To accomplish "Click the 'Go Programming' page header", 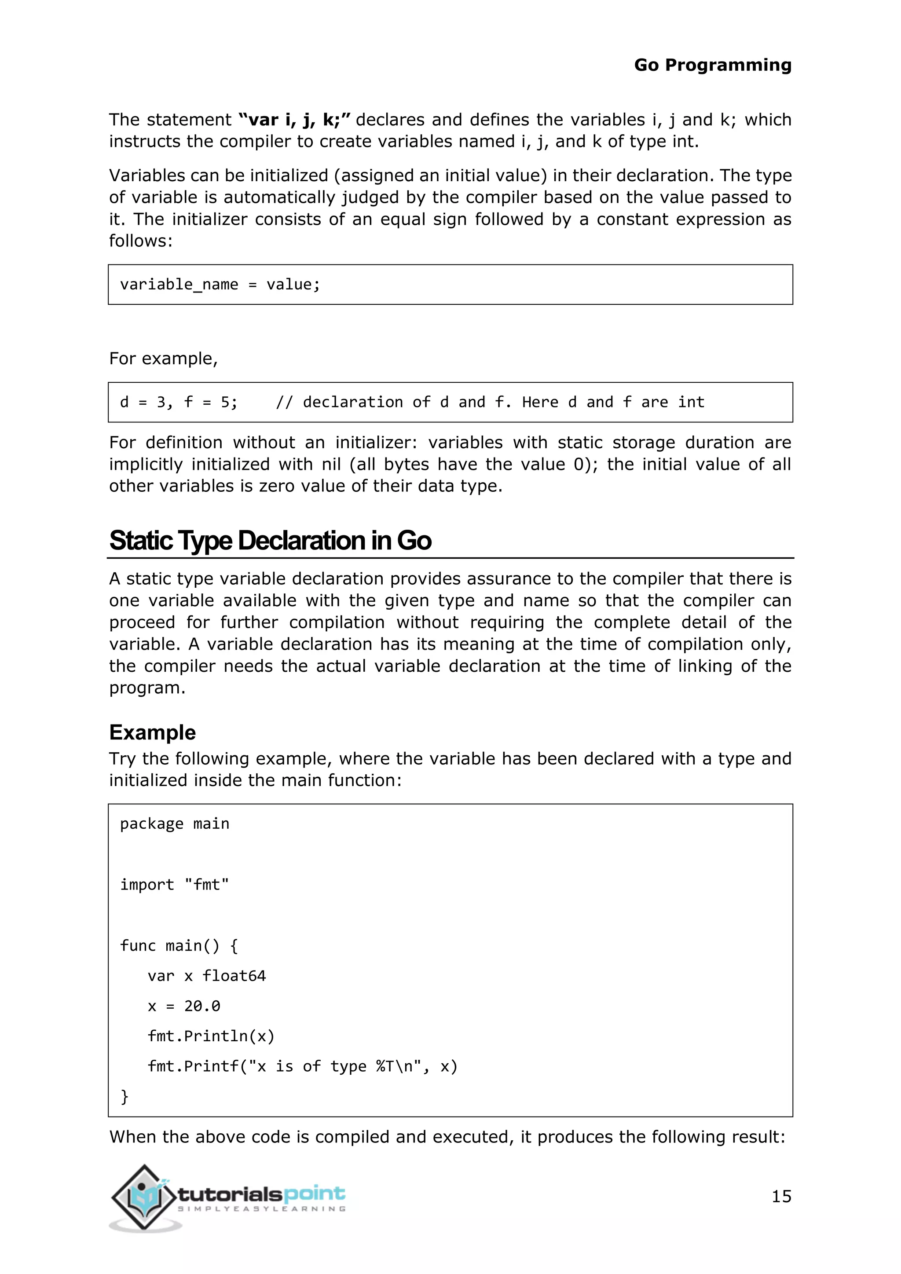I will pyautogui.click(x=712, y=65).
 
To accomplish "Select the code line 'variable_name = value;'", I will pyautogui.click(x=220, y=285).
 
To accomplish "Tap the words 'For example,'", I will pyautogui.click(x=163, y=359).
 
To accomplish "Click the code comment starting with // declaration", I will pyautogui.click(x=490, y=402).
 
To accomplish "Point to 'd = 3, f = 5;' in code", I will pyautogui.click(x=179, y=402).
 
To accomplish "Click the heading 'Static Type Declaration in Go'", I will pyautogui.click(x=270, y=541).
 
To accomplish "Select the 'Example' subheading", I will pyautogui.click(x=153, y=732).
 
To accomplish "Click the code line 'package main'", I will pyautogui.click(x=175, y=824).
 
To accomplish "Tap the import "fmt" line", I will pyautogui.click(x=175, y=885).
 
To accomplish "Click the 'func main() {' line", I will pyautogui.click(x=179, y=945).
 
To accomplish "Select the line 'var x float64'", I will pyautogui.click(x=207, y=976).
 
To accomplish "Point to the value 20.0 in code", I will pyautogui.click(x=202, y=1006).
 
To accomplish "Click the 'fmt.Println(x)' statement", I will pyautogui.click(x=211, y=1036).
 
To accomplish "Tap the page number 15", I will pyautogui.click(x=781, y=1196).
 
